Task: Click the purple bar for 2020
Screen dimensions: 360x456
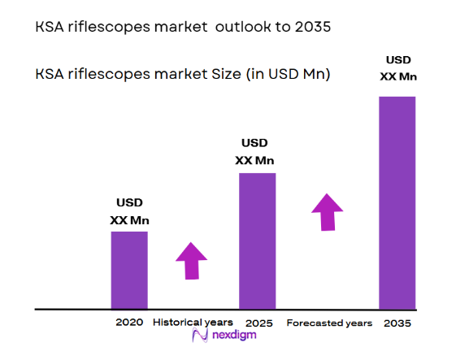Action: pyautogui.click(x=129, y=270)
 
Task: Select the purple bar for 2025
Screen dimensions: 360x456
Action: pyautogui.click(x=257, y=241)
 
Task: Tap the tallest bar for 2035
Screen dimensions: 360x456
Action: pyautogui.click(x=397, y=202)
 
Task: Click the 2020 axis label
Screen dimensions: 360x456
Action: pyautogui.click(x=129, y=323)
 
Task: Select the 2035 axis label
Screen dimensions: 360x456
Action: pyautogui.click(x=397, y=323)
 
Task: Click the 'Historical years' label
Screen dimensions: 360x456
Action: pyautogui.click(x=192, y=323)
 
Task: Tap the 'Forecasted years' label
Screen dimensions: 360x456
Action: pyautogui.click(x=329, y=323)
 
